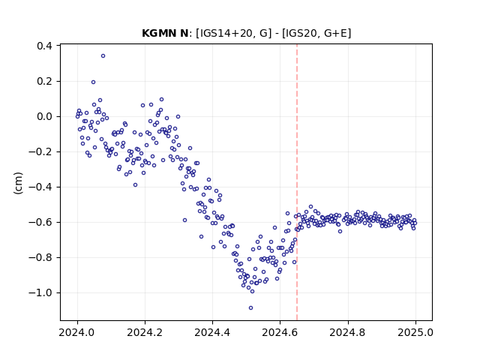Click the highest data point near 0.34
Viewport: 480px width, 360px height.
pyautogui.click(x=103, y=55)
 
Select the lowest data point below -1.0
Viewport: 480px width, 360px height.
pyautogui.click(x=250, y=307)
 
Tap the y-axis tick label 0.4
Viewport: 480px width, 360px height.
pyautogui.click(x=44, y=46)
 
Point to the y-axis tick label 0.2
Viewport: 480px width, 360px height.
pyautogui.click(x=44, y=81)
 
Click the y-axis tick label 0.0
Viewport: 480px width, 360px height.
pyautogui.click(x=44, y=117)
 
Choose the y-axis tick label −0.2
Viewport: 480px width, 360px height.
pyautogui.click(x=40, y=151)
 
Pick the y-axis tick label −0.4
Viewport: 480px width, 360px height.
pyautogui.click(x=40, y=187)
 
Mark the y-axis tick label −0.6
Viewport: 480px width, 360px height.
pyautogui.click(x=40, y=222)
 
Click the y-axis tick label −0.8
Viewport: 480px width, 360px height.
pyautogui.click(x=40, y=257)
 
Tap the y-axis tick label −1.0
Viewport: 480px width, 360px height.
pyautogui.click(x=40, y=292)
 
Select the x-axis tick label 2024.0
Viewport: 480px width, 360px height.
pyautogui.click(x=77, y=332)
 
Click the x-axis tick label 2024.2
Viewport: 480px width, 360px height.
pyautogui.click(x=145, y=332)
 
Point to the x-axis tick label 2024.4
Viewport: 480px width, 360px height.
pyautogui.click(x=212, y=332)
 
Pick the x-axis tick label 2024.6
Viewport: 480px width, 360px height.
pyautogui.click(x=280, y=332)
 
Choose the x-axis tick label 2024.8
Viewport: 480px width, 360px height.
pyautogui.click(x=348, y=332)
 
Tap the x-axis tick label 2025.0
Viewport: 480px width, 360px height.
pyautogui.click(x=415, y=332)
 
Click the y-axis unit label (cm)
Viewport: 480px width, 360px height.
pyautogui.click(x=18, y=183)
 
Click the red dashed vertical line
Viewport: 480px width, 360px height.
pyautogui.click(x=297, y=182)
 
